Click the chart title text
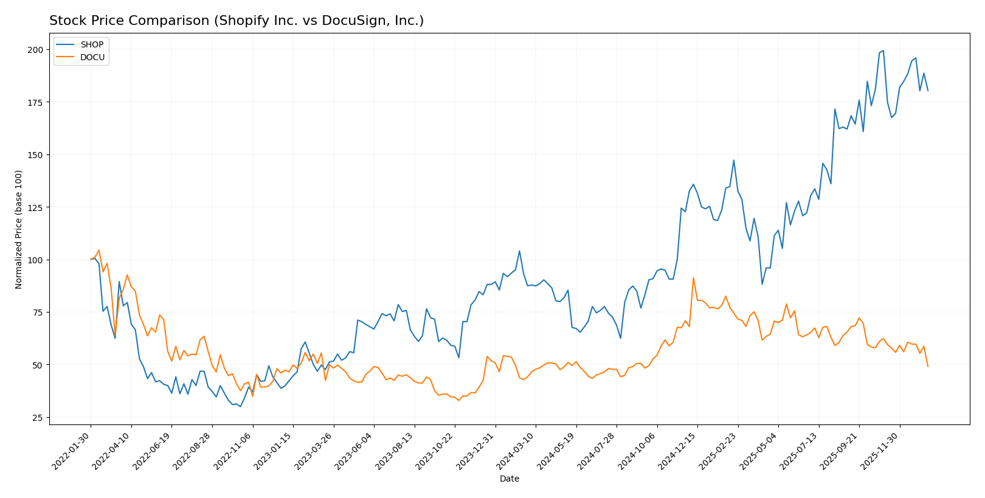click(x=237, y=21)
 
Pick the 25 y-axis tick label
click(x=38, y=418)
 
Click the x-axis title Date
click(x=509, y=479)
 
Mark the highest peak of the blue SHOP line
click(x=883, y=50)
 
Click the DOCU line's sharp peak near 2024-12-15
click(x=693, y=278)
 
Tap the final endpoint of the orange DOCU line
click(x=928, y=367)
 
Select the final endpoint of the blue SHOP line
click(x=928, y=91)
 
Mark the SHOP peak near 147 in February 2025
click(x=734, y=161)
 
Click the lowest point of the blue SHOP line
click(x=240, y=407)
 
